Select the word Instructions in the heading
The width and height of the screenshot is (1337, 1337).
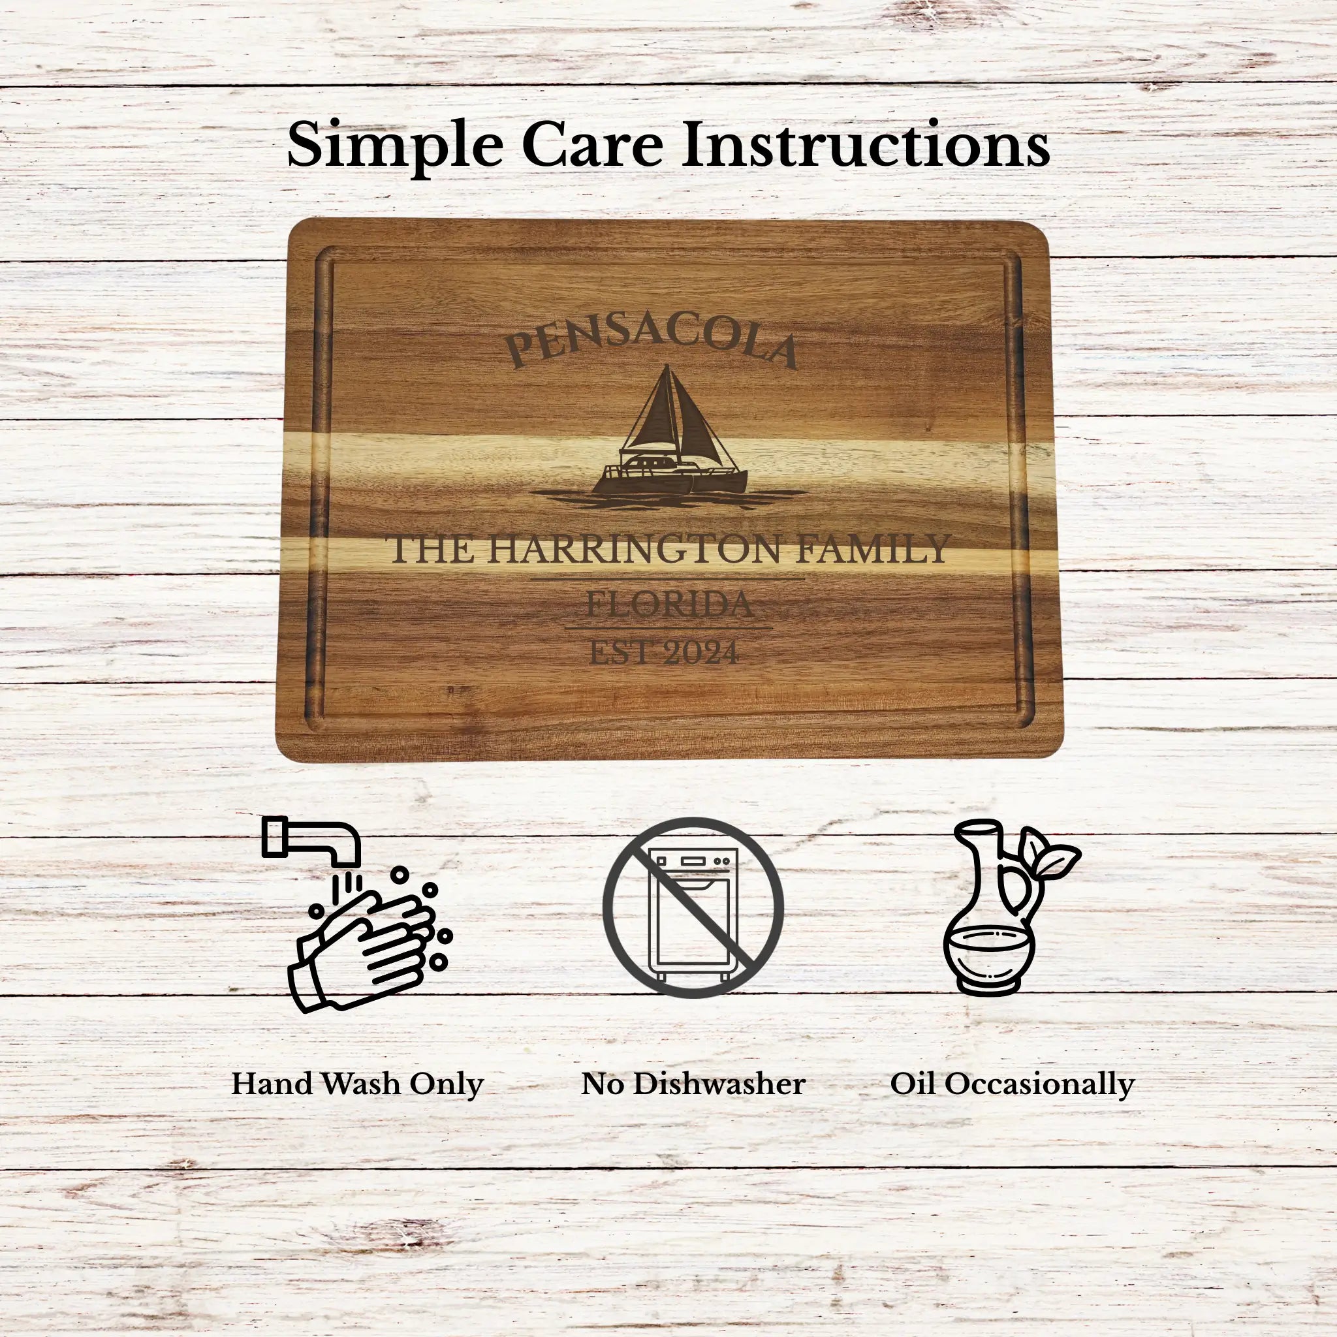(x=866, y=146)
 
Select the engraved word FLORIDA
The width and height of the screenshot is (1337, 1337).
(x=669, y=604)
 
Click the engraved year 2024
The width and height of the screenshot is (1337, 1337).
(x=701, y=653)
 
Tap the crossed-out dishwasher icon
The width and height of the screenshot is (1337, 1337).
(x=693, y=907)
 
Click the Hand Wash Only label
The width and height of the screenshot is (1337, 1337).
(x=357, y=1084)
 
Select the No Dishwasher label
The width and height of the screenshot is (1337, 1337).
(x=693, y=1084)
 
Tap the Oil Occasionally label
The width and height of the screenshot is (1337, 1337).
(x=1012, y=1084)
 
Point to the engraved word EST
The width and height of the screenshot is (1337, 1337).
(x=621, y=653)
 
